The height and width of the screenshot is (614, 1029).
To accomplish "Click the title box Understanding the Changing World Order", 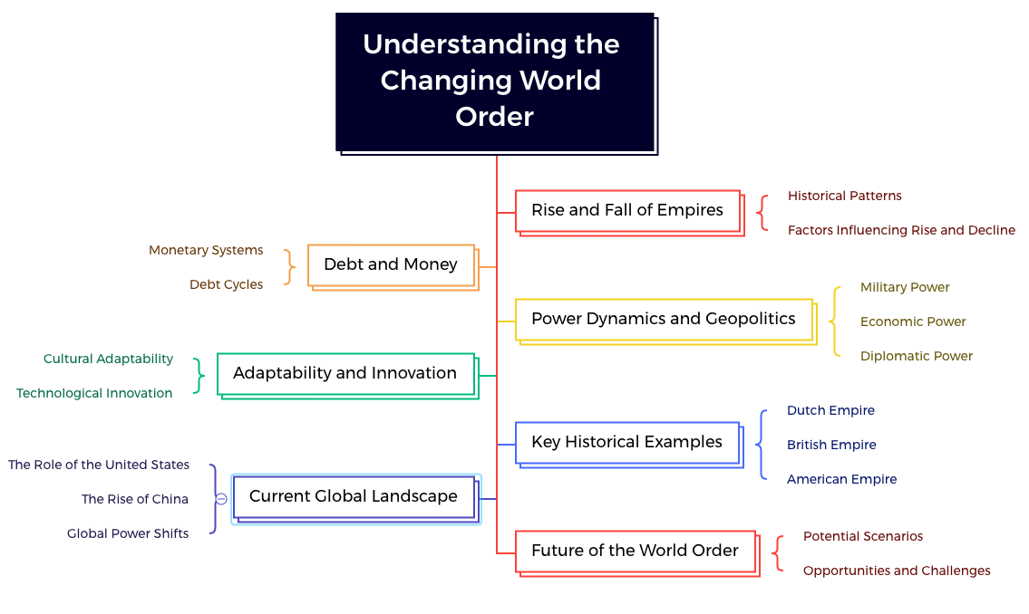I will tap(494, 81).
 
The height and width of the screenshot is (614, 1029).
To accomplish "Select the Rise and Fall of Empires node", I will tap(627, 210).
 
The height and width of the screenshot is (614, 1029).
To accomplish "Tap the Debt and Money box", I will tap(391, 264).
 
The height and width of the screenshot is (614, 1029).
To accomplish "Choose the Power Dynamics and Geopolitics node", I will tap(664, 319).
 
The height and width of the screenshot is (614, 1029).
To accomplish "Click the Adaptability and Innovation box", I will tap(345, 373).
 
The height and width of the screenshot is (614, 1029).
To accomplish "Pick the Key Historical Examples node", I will tap(627, 442).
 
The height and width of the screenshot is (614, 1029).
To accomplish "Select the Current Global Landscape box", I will tap(354, 496).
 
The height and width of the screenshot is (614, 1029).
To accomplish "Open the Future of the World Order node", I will tap(635, 551).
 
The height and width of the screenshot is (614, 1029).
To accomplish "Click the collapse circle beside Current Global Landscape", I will tap(221, 499).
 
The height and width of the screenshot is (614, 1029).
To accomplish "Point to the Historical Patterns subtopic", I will tap(844, 196).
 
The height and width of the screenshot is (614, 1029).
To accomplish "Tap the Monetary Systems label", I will tap(206, 250).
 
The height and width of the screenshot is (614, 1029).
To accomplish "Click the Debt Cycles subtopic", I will tap(226, 284).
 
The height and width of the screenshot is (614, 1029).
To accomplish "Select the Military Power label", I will tap(905, 287).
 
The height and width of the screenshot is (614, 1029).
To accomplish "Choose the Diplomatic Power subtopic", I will tap(916, 356).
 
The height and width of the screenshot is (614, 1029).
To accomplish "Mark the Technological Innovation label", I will tap(94, 393).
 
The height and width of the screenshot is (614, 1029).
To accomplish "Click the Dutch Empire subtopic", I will tap(830, 410).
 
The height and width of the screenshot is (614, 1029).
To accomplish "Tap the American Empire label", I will tap(841, 479).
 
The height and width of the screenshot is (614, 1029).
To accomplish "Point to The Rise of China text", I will tap(135, 499).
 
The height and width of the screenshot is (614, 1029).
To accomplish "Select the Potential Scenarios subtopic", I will tap(862, 536).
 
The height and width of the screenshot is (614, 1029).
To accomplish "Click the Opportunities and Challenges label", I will tap(897, 571).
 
